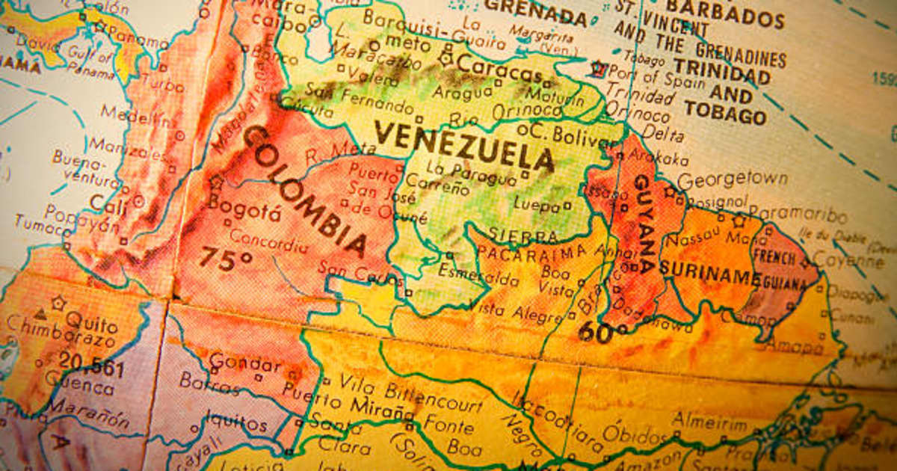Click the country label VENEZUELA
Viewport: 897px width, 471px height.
point(464,146)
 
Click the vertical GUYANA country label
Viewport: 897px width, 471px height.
point(644,224)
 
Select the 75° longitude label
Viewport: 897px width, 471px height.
point(225,259)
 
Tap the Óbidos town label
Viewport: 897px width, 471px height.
point(635,433)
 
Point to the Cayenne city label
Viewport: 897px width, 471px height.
point(848,261)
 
